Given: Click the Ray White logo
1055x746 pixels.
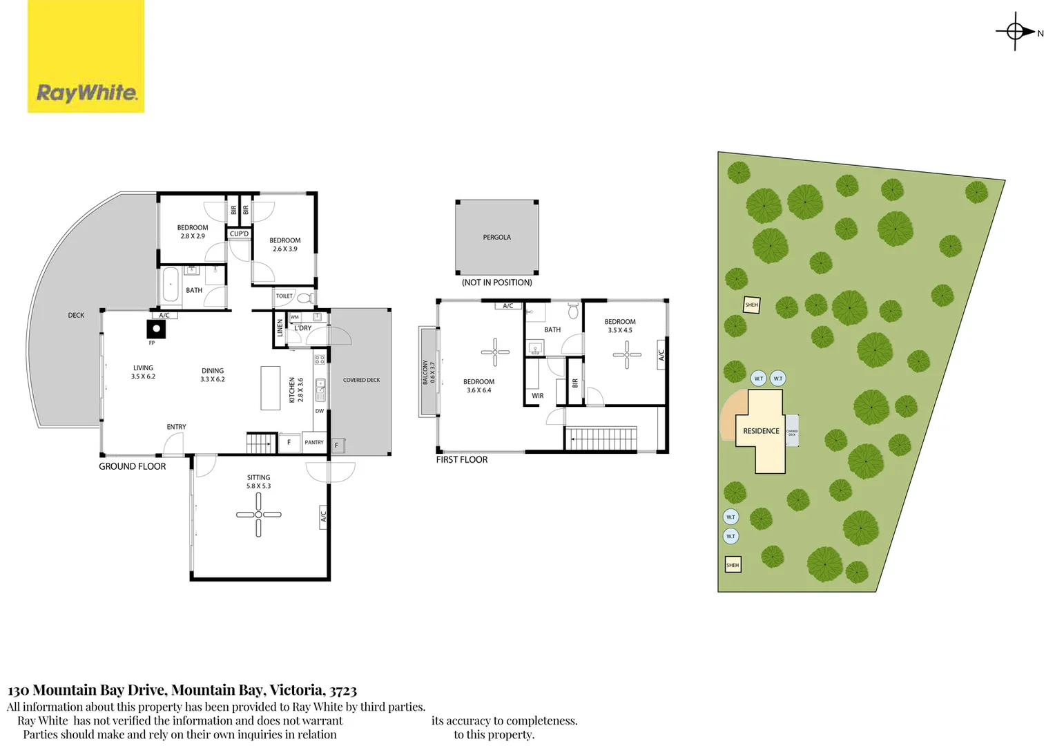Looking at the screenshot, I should coord(86,93).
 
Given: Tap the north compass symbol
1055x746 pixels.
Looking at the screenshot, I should coord(1015,31).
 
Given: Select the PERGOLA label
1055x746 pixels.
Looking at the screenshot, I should coord(496,238).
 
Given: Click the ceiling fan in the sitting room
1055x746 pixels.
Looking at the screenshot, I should coord(258,515).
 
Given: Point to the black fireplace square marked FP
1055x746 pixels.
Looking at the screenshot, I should coord(156,329).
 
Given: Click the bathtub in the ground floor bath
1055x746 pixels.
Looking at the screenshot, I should coord(171,285).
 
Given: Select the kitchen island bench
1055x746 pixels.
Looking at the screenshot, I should coord(270,388).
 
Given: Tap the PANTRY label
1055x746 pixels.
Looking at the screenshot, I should coord(314,442).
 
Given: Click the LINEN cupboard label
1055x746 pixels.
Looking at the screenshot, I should coord(280,327).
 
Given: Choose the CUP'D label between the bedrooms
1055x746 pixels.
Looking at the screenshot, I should coord(239,234).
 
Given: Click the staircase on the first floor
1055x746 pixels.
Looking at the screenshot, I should coord(601,439).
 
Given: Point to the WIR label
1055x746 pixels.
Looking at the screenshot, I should coord(537,396).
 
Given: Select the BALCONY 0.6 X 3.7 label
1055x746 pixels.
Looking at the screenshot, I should coord(429,372).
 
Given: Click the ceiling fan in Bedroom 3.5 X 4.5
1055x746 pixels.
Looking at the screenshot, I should coord(626,355).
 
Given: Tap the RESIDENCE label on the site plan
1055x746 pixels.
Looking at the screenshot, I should coord(761,431).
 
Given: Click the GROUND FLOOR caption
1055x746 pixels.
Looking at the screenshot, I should coord(132,466).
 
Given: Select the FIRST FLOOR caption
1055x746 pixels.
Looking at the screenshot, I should coord(461,459).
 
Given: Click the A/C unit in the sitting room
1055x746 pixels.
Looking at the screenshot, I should coord(323,515).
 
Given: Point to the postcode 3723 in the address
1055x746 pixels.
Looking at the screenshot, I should coord(343,690).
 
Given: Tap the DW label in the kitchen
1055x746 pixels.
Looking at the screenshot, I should coord(319,411).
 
